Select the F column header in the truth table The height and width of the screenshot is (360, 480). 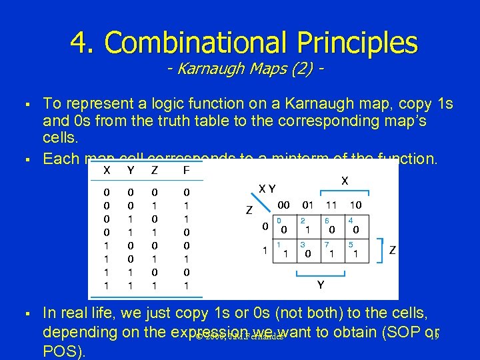(187, 171)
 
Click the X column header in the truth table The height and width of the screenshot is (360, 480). (107, 171)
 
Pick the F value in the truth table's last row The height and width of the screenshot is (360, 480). (187, 285)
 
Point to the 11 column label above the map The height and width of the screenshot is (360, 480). (331, 204)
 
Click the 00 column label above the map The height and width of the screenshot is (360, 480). (283, 204)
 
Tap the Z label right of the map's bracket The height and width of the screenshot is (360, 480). (393, 251)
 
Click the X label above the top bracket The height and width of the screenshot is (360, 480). (345, 181)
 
